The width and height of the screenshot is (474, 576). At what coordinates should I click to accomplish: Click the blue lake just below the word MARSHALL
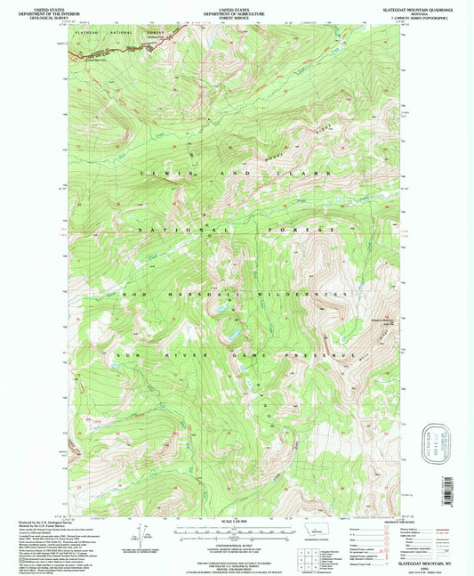(x=217, y=309)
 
